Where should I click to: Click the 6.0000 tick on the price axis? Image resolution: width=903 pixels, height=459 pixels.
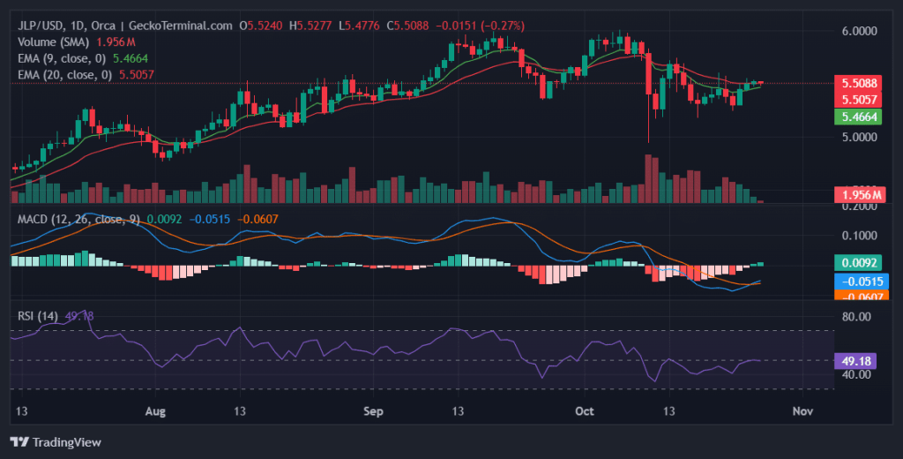click(x=861, y=31)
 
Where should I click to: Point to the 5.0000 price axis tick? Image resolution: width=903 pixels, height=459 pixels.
click(x=861, y=138)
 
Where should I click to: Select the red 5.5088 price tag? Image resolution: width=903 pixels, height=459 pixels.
click(x=861, y=83)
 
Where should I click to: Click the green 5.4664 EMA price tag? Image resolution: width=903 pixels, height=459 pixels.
click(x=861, y=117)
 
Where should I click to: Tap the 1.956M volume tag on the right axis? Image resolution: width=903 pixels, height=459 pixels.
click(x=861, y=195)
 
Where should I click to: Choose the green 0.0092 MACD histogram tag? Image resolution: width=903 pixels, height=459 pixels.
click(x=861, y=262)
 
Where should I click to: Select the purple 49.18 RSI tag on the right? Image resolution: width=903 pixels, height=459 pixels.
click(x=861, y=360)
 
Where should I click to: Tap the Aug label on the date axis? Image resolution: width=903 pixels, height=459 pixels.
click(x=155, y=411)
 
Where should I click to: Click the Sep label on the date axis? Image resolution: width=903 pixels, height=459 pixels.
click(x=375, y=411)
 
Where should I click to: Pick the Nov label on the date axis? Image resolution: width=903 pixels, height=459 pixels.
click(x=802, y=411)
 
